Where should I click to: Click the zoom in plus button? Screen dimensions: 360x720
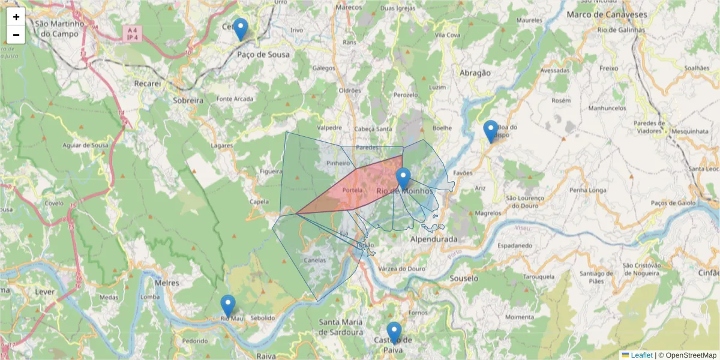click(x=16, y=17)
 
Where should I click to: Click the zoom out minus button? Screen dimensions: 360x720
click(x=16, y=35)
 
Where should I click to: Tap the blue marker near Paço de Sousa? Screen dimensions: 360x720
click(x=240, y=29)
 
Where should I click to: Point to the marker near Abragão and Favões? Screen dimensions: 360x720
click(x=491, y=131)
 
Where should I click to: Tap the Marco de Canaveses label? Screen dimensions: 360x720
click(x=607, y=14)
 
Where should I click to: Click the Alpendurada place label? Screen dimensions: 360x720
click(x=433, y=239)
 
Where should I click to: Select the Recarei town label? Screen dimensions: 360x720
click(x=148, y=83)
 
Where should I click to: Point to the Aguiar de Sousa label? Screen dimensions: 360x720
click(x=85, y=145)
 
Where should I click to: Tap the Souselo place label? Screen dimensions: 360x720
click(x=464, y=278)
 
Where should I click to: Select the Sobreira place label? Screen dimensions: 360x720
click(x=188, y=100)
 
